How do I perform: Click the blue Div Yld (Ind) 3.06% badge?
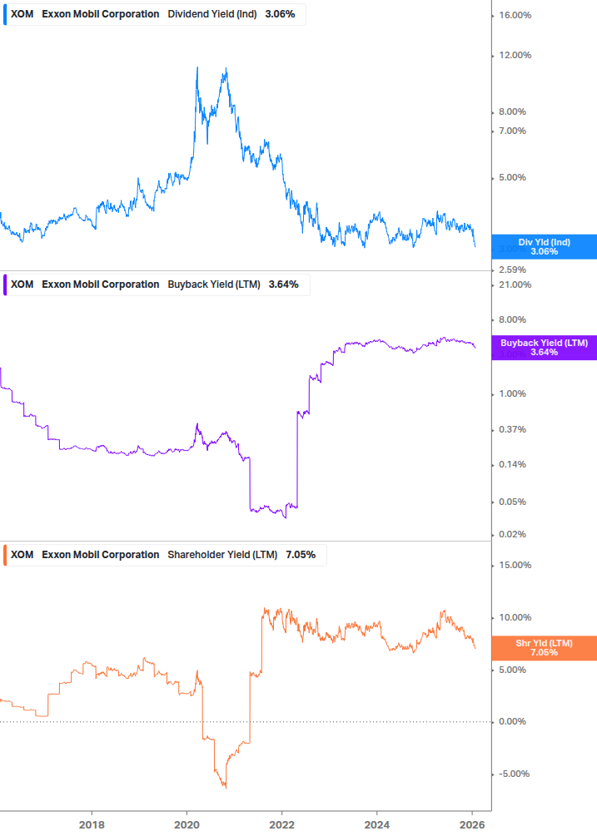point(544,247)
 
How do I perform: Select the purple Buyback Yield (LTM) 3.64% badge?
point(544,348)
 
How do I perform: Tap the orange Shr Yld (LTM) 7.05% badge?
point(544,648)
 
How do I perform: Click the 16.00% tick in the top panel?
point(515,16)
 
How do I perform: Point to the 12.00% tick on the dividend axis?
point(515,56)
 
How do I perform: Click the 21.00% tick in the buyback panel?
point(515,285)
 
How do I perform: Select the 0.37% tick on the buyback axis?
point(511,430)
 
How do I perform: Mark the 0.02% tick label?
point(511,535)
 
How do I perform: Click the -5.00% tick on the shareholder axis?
point(513,774)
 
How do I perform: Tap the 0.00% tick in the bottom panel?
point(511,722)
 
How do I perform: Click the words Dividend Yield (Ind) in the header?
point(212,14)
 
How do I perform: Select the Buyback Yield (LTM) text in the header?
point(213,284)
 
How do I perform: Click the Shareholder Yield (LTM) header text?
point(223,555)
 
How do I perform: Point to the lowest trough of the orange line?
point(225,787)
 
